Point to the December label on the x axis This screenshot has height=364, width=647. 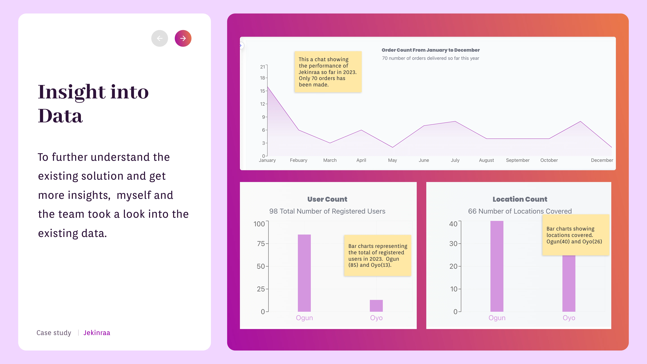pos(602,160)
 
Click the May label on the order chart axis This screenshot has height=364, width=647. pos(392,160)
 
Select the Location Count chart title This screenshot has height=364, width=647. pos(520,199)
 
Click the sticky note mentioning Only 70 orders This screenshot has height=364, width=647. pos(328,72)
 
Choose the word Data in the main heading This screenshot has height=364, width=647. pos(60,116)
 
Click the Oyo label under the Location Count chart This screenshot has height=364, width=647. pos(569,318)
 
